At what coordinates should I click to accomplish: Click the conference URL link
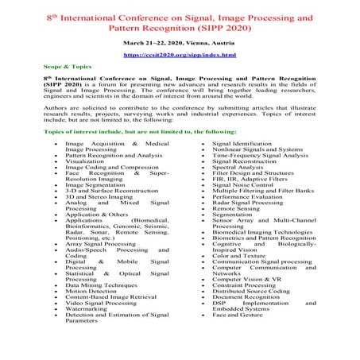[179, 55]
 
